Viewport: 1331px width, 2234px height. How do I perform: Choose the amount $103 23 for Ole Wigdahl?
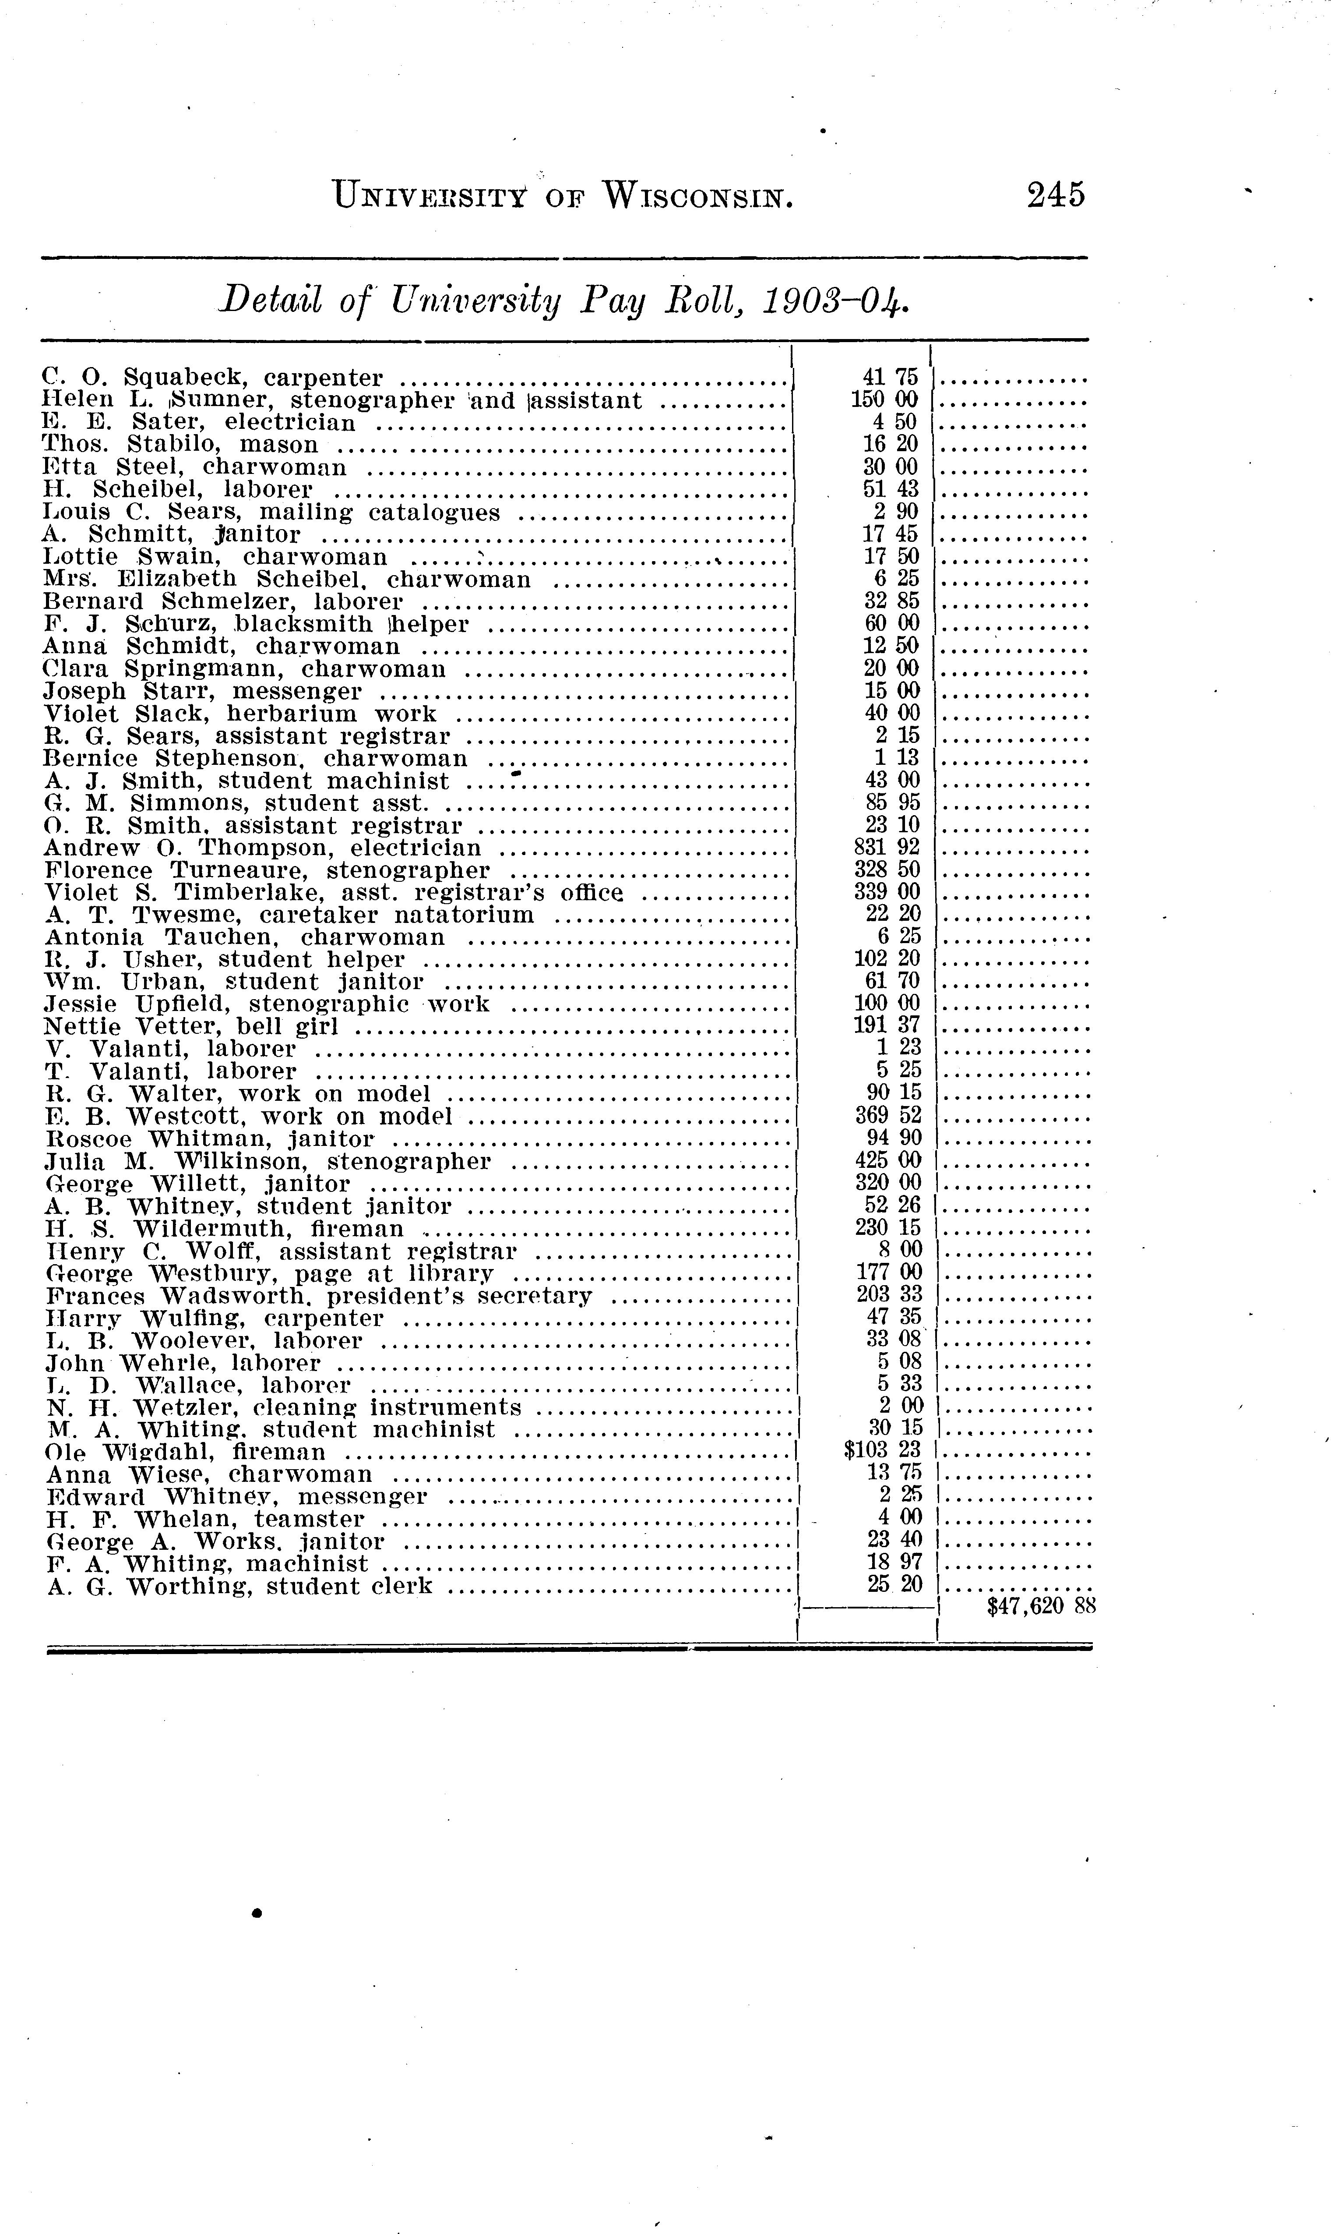[x=884, y=1451]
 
